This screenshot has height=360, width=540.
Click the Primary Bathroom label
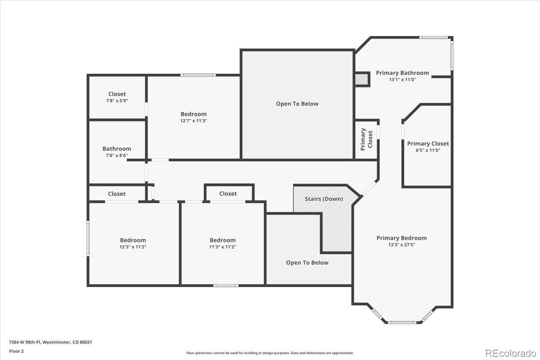point(402,73)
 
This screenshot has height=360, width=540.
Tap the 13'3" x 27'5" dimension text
point(401,245)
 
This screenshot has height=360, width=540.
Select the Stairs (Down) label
point(324,199)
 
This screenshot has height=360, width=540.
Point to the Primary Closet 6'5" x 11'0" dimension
point(428,150)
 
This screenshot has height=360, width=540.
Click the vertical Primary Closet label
point(366,139)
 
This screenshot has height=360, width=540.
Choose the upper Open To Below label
point(297,103)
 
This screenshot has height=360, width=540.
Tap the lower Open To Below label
point(307,263)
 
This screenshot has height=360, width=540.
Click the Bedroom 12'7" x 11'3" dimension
point(193,121)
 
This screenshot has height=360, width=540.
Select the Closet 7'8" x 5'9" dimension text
point(117,101)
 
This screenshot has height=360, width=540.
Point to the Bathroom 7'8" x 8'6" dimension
point(117,156)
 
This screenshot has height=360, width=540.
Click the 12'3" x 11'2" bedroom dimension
point(133,247)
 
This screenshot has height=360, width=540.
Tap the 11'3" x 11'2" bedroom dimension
point(222,247)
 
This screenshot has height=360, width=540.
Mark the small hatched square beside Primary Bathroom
point(362,79)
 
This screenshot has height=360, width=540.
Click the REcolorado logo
point(511,354)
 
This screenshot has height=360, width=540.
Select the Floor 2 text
point(16,351)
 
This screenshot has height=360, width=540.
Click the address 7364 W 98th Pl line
point(50,342)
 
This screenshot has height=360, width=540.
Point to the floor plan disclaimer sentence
point(270,353)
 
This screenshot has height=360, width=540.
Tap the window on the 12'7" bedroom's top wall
point(198,75)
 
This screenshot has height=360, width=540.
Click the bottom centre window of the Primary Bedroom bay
point(402,322)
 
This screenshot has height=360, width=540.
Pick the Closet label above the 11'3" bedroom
point(228,193)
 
